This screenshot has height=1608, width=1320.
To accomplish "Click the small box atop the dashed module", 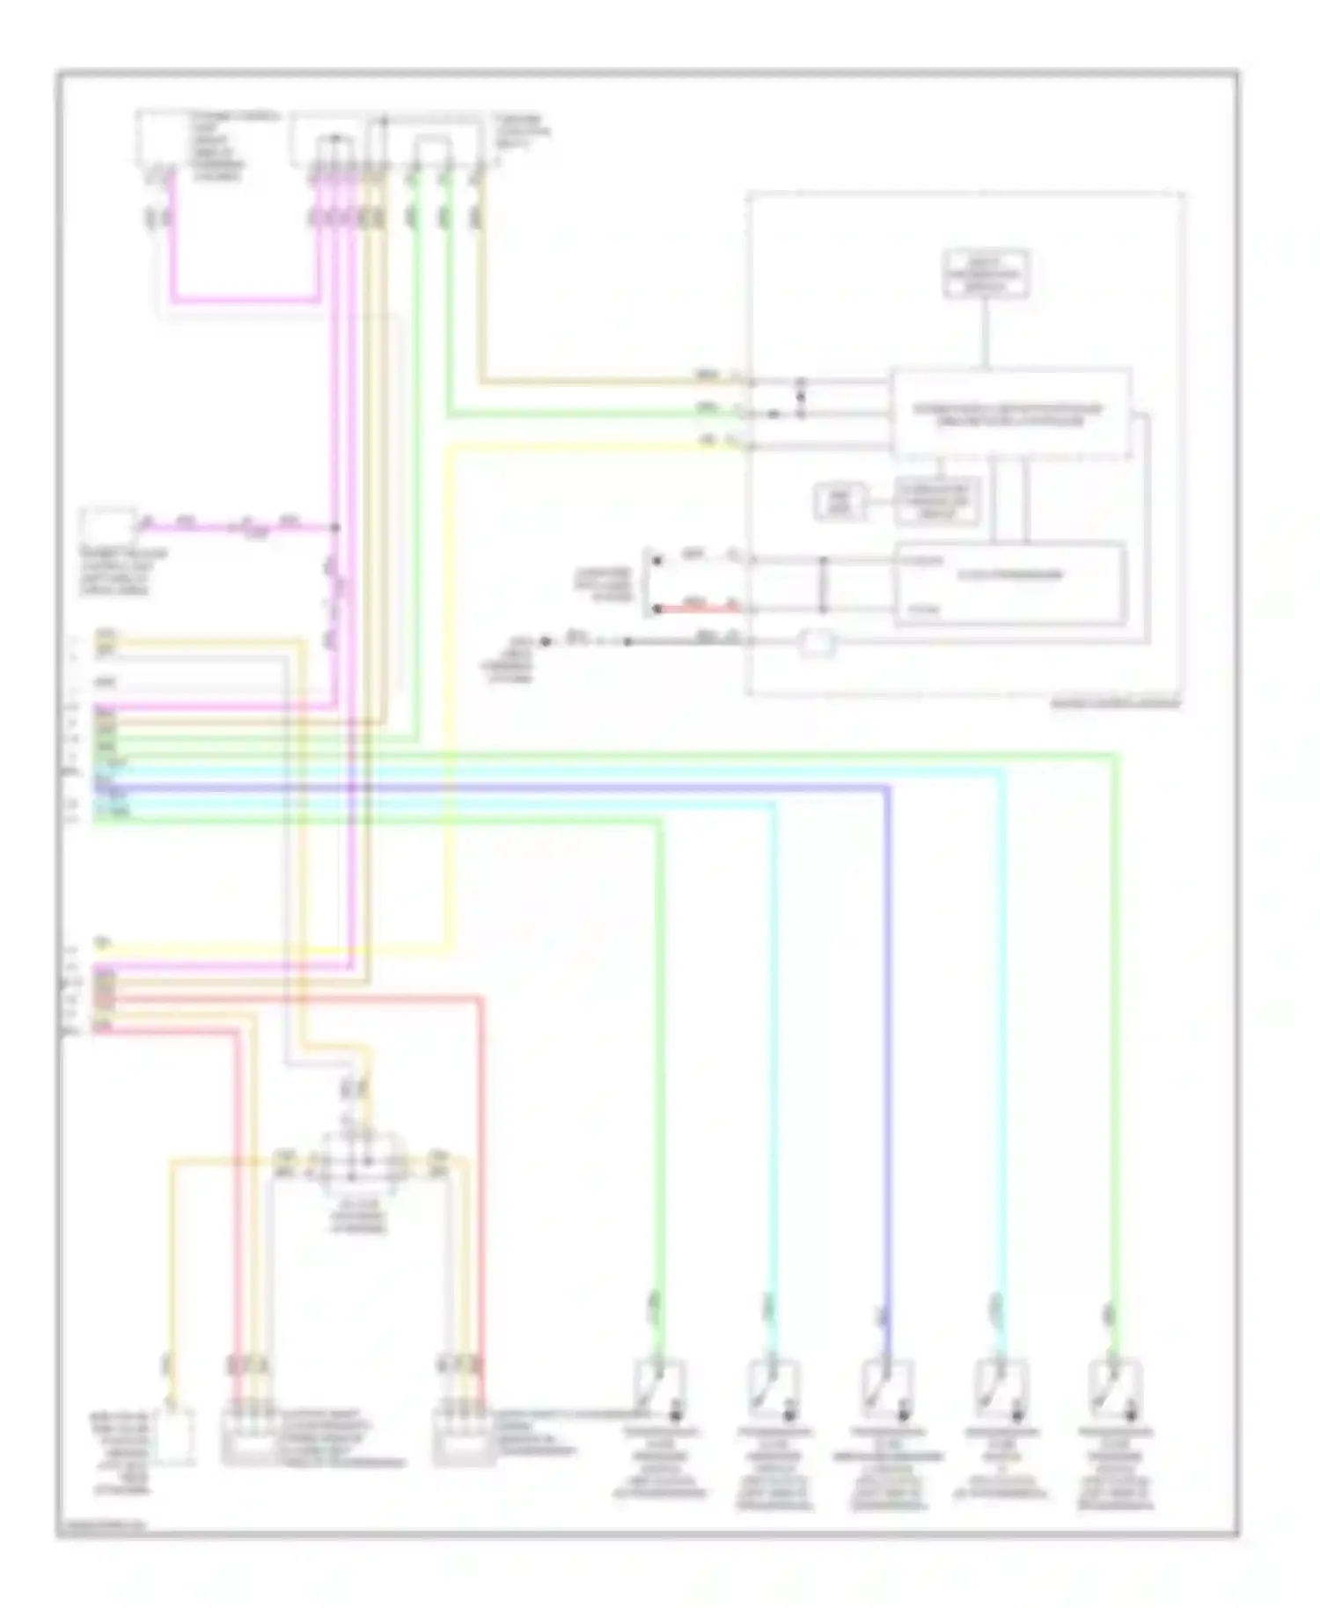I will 986,274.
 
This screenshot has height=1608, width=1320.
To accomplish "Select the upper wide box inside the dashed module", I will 1010,413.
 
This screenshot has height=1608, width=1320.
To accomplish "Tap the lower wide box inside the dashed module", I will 1010,583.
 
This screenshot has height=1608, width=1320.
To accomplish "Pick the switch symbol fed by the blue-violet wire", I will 887,1387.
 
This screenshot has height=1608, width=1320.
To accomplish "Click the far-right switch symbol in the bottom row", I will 1114,1387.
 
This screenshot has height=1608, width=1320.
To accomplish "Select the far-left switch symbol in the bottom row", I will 660,1387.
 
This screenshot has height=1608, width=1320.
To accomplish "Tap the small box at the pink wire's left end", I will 108,527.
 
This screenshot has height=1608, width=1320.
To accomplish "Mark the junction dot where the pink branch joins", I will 334,528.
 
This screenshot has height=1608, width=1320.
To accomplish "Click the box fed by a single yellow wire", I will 173,1436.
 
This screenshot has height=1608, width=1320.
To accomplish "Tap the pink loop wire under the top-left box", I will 246,300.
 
